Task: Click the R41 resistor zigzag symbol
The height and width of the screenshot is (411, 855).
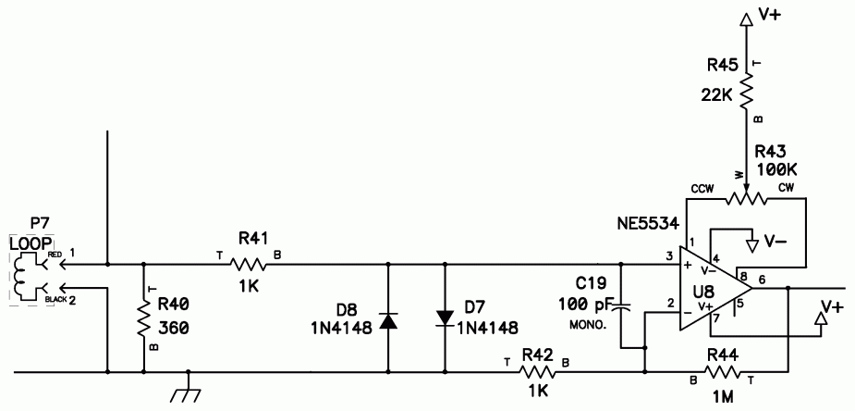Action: click(248, 265)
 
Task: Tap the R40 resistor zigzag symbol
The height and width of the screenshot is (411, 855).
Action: click(144, 318)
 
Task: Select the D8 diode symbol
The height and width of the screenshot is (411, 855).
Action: click(388, 320)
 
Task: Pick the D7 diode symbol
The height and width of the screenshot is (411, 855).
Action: click(445, 318)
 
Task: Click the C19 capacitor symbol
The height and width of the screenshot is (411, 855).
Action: click(621, 308)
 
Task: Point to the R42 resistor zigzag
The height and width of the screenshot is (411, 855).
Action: click(538, 372)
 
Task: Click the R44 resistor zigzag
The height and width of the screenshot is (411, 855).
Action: click(723, 372)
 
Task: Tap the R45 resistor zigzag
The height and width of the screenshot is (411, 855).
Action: click(745, 92)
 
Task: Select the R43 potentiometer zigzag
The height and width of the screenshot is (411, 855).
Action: click(745, 200)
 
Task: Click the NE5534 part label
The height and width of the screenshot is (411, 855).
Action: click(648, 223)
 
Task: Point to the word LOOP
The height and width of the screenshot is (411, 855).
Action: click(32, 243)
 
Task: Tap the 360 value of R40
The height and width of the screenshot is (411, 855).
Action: click(174, 328)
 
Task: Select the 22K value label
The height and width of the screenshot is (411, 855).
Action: click(717, 95)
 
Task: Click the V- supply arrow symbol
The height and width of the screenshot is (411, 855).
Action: click(753, 244)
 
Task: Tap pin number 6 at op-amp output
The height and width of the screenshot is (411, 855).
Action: click(762, 279)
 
